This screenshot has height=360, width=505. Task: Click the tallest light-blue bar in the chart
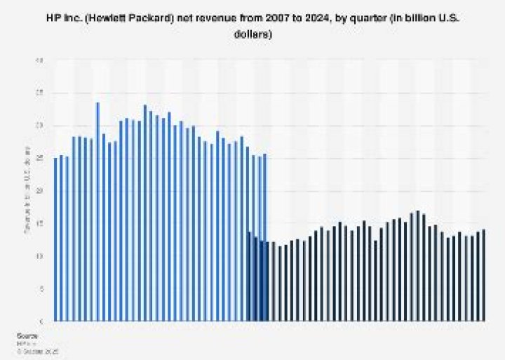tap(97, 211)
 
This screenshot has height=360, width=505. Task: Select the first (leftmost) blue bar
tap(55, 239)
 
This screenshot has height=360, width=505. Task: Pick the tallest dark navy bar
tap(418, 266)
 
